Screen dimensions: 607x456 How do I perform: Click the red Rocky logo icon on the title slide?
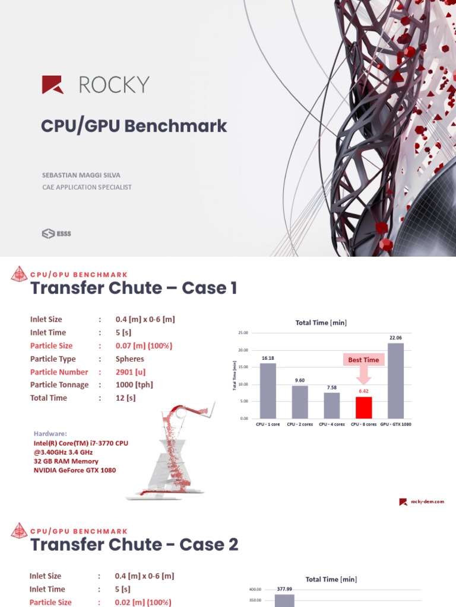tap(52, 85)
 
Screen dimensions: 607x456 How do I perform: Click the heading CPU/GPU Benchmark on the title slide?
tap(134, 126)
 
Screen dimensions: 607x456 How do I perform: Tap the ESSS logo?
tap(56, 234)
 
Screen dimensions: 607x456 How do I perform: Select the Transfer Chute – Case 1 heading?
tap(134, 288)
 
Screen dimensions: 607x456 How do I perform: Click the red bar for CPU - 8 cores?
tap(363, 407)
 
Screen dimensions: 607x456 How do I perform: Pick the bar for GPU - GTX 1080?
tap(395, 381)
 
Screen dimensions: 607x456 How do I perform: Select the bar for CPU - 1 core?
tap(267, 391)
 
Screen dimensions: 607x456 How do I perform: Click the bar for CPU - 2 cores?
tap(299, 402)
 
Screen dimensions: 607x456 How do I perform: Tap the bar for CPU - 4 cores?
tap(331, 405)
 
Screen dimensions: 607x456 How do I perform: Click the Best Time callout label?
tap(363, 360)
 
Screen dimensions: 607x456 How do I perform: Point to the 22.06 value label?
tap(395, 337)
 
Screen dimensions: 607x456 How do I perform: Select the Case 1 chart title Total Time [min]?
tap(321, 322)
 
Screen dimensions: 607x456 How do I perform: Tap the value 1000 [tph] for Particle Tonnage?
tap(134, 385)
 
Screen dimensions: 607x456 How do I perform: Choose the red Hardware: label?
tap(50, 434)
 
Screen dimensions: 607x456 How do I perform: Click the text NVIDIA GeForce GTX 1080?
tap(75, 470)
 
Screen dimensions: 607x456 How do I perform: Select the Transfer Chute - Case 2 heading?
tap(134, 545)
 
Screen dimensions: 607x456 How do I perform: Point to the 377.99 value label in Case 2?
tap(284, 589)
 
